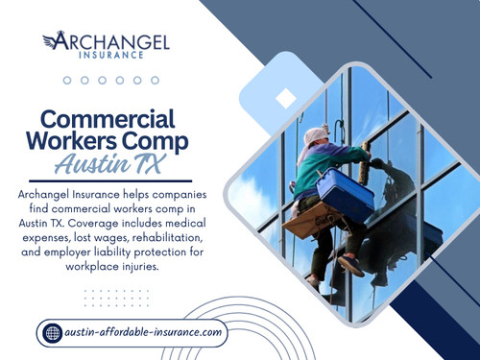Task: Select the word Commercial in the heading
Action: (x=107, y=119)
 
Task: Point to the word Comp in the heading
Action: (x=153, y=141)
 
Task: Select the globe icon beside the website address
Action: (x=53, y=333)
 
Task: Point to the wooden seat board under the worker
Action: (x=308, y=221)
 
